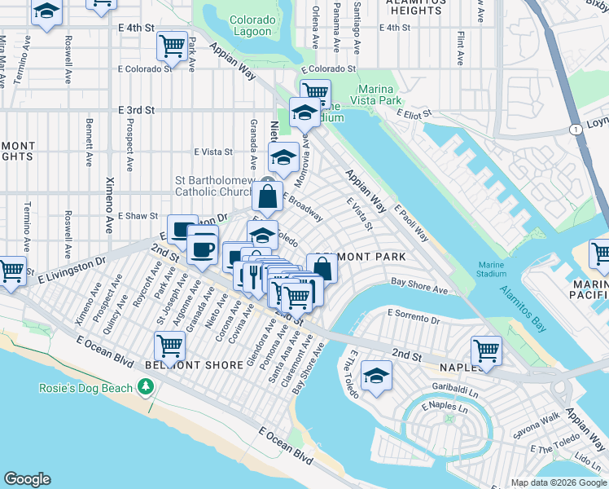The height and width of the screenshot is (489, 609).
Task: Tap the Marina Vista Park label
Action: tap(377, 94)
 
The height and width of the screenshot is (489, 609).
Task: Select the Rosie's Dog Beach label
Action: tap(85, 388)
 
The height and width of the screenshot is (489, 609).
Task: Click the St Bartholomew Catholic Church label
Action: tap(217, 186)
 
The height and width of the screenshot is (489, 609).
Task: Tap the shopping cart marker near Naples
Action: tap(486, 350)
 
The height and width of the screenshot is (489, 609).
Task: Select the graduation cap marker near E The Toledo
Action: tap(376, 375)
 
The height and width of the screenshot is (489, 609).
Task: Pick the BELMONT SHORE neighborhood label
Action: tap(199, 365)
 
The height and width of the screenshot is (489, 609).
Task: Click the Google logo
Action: tap(28, 479)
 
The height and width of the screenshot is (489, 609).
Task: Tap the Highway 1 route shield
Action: tap(576, 130)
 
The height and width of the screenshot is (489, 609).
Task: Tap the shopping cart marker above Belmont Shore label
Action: tap(170, 345)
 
